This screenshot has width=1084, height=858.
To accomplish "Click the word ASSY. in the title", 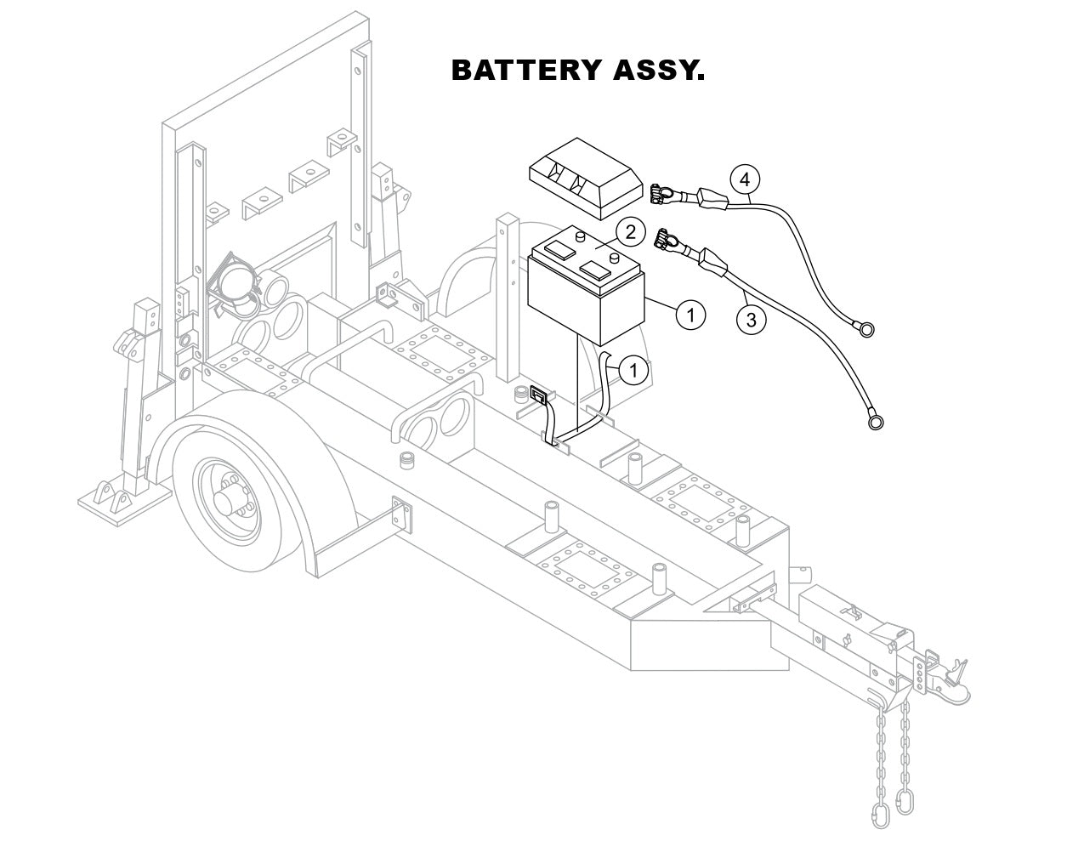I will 658,71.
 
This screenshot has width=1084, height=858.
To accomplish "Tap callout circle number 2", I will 629,231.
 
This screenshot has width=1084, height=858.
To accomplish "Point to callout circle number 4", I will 745,179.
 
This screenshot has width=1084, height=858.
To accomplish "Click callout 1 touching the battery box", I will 690,315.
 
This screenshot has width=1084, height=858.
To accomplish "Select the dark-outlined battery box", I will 586,293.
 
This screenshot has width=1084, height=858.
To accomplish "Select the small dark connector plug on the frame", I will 538,395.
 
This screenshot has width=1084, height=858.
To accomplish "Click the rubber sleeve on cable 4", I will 712,201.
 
